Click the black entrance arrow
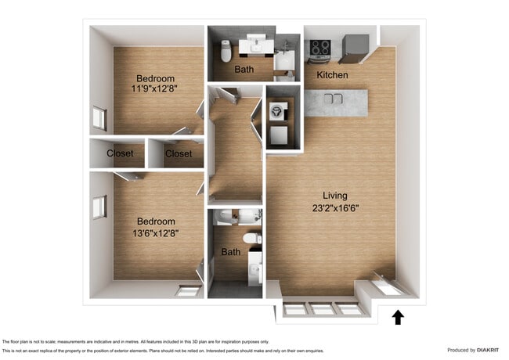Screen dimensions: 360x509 [x=398, y=316]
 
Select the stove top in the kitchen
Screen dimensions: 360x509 [x=319, y=49]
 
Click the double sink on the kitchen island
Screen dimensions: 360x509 [x=334, y=99]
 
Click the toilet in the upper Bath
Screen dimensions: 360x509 [x=226, y=51]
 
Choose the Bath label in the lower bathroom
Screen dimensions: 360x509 [x=230, y=252]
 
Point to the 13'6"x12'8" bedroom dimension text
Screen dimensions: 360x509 [x=155, y=233]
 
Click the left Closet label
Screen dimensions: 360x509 [x=121, y=153]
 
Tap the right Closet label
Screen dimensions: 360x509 [x=179, y=153]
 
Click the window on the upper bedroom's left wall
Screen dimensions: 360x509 [x=99, y=118]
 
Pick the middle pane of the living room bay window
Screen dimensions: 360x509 [x=323, y=309]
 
